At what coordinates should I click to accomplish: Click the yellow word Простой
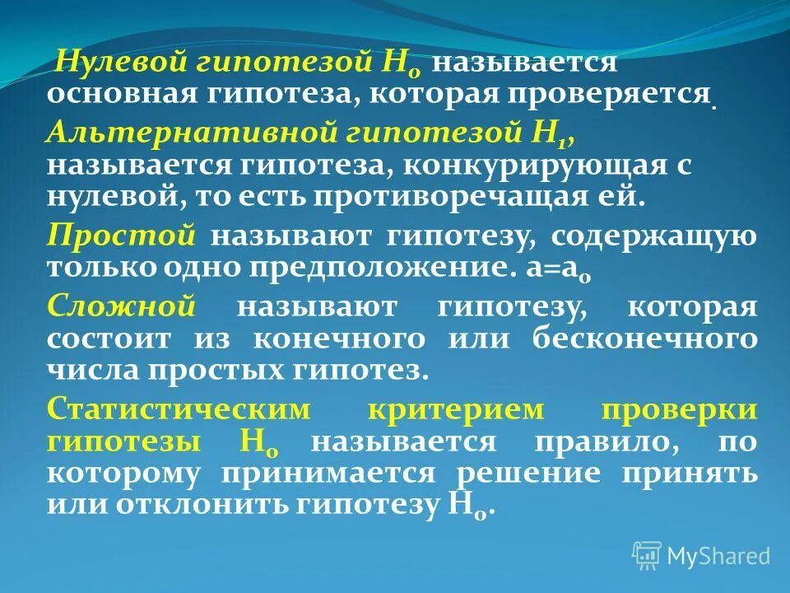point(121,235)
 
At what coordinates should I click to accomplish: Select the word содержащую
point(653,235)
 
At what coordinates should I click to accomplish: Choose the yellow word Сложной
point(121,306)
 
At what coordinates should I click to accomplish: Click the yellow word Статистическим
point(179,409)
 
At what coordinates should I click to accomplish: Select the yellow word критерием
point(456,409)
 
